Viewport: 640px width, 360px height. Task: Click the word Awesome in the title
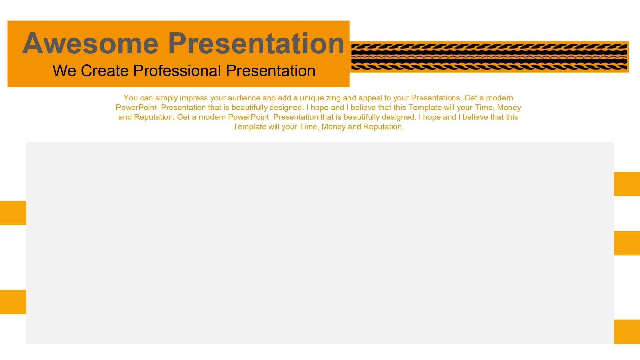click(91, 44)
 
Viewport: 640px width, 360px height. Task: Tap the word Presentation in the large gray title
click(256, 44)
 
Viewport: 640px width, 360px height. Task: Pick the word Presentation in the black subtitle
click(271, 71)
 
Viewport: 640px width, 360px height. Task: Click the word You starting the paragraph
click(131, 98)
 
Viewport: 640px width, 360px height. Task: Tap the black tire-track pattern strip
click(489, 57)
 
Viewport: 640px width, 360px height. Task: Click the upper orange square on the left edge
click(13, 213)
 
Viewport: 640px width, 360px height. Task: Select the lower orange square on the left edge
click(13, 302)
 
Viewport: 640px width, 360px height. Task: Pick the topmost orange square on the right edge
click(627, 184)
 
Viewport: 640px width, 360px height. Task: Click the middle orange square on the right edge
click(627, 243)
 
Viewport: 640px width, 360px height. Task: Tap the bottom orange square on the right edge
click(627, 332)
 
